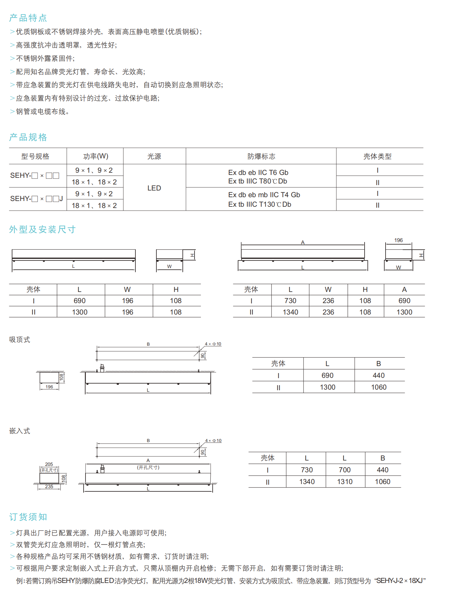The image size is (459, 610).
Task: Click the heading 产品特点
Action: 28,18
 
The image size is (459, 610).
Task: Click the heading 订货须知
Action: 28,517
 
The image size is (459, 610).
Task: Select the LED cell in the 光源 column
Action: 154,188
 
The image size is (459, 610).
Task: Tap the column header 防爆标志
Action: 261,156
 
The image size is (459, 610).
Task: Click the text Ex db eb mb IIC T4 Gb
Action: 264,195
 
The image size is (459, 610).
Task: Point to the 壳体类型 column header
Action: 377,156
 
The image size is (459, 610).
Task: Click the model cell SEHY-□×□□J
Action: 36,199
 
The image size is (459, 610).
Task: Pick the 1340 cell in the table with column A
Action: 290,312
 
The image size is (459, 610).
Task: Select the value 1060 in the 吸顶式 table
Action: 379,387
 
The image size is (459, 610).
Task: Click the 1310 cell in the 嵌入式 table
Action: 345,482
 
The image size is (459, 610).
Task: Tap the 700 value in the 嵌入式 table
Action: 345,470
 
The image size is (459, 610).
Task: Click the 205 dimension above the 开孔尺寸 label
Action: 49,464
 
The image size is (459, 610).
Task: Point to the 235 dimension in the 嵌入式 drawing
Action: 49,486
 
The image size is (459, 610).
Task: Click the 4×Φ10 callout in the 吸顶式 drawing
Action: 213,344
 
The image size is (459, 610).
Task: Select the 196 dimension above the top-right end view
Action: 398,240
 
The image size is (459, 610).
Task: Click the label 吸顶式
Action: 19,340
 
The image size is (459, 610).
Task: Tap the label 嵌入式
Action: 19,431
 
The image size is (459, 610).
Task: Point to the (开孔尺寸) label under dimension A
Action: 148,467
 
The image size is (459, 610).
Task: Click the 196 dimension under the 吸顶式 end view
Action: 49,387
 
